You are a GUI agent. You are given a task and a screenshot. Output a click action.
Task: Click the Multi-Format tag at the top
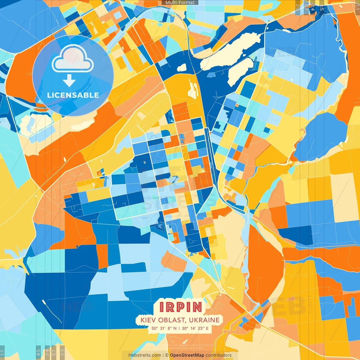tap(180, 3)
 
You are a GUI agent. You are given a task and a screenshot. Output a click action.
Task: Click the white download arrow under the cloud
tap(69, 80)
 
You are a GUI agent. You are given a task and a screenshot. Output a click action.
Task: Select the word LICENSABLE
tap(73, 95)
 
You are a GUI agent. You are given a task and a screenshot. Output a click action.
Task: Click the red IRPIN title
tap(181, 307)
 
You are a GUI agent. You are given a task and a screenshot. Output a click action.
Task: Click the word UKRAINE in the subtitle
tap(204, 320)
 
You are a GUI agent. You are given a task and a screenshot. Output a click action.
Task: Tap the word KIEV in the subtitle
tap(147, 320)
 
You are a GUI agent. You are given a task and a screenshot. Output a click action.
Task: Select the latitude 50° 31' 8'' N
tap(164, 328)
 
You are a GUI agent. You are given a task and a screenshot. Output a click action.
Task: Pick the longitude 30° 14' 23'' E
tap(195, 328)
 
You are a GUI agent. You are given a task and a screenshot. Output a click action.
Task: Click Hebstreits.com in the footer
tap(145, 355)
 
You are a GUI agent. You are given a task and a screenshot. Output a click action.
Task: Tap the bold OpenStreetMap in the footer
tap(187, 355)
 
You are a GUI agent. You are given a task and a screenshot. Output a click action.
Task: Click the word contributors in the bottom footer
tap(219, 355)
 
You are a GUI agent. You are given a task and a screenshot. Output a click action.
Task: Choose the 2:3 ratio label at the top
tap(298, 7)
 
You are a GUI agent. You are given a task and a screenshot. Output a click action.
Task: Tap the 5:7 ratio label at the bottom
tap(54, 352)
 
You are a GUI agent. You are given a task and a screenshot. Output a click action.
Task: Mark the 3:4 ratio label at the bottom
tap(47, 352)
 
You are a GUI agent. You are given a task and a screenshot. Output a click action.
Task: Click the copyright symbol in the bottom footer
tap(167, 355)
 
